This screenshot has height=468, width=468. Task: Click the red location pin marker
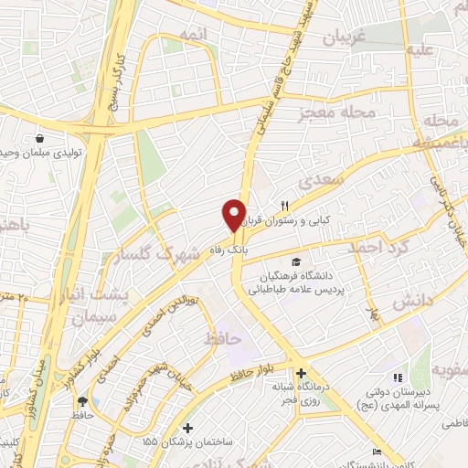coord(234,216)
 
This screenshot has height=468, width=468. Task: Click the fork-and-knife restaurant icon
coord(284,205)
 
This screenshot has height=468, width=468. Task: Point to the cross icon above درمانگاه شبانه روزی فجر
coord(301,373)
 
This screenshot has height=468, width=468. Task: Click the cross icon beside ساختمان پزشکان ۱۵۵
coord(187,428)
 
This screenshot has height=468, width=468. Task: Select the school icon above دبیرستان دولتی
coord(396,378)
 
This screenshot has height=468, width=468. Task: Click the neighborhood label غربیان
coord(345,37)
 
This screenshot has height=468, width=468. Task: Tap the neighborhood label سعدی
coord(329,182)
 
